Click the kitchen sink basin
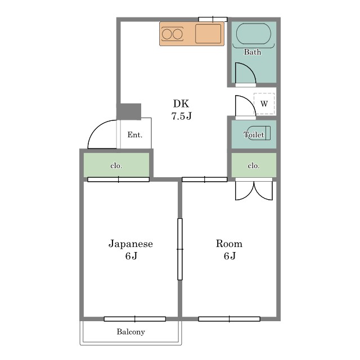coord(208,34)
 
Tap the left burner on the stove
coord(166,34)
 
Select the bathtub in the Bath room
coord(254,34)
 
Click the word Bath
coord(253,52)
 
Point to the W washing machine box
coord(264,103)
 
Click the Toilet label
coord(254,134)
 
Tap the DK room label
coord(181,103)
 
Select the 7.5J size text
coord(181,116)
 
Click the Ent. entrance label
coord(135,134)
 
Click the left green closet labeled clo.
coord(116,165)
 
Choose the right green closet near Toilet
coord(254,165)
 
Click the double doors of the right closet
coord(254,191)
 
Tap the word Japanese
coord(130,244)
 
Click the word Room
coord(229,244)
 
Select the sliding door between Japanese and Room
coord(180,249)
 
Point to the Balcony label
coord(131,332)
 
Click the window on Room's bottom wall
coord(229,319)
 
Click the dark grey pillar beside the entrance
coord(129,111)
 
